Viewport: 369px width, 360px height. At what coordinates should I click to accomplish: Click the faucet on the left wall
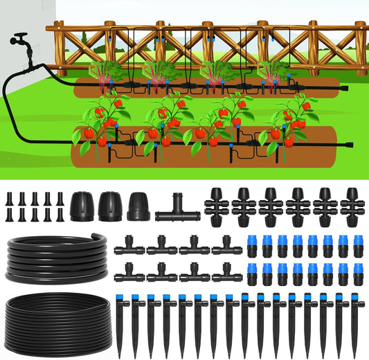pos(21,40)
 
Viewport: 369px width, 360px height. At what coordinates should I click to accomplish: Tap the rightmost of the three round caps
pos(138,205)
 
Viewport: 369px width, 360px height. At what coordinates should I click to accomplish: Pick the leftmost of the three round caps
pos(81,205)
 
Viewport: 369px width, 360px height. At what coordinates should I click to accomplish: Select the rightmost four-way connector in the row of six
pos(353,204)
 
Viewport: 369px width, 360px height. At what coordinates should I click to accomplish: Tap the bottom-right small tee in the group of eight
pos(226,273)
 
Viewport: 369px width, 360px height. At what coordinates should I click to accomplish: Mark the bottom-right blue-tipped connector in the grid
pos(359,274)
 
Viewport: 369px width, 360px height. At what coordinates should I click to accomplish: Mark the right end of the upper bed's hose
pos(345,88)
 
